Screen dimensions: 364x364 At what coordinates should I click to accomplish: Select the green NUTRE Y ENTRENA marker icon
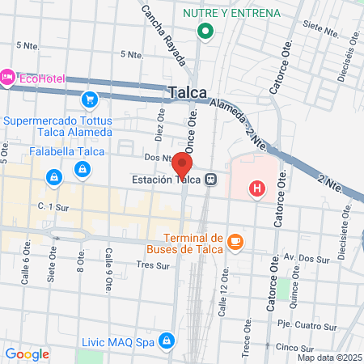[x=205, y=32]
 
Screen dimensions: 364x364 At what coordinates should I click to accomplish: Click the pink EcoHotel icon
[x=8, y=77]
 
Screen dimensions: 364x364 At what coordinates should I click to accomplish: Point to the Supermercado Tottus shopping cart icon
[x=89, y=99]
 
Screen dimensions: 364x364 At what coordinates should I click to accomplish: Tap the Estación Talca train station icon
[x=210, y=180]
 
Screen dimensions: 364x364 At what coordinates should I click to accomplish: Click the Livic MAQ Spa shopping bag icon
[x=167, y=341]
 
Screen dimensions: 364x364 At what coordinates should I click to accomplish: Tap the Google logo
[x=27, y=353]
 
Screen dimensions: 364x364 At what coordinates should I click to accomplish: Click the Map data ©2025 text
[x=328, y=357]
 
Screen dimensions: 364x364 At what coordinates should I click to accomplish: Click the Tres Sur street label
[x=151, y=265]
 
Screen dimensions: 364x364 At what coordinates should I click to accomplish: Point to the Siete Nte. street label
[x=322, y=32]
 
